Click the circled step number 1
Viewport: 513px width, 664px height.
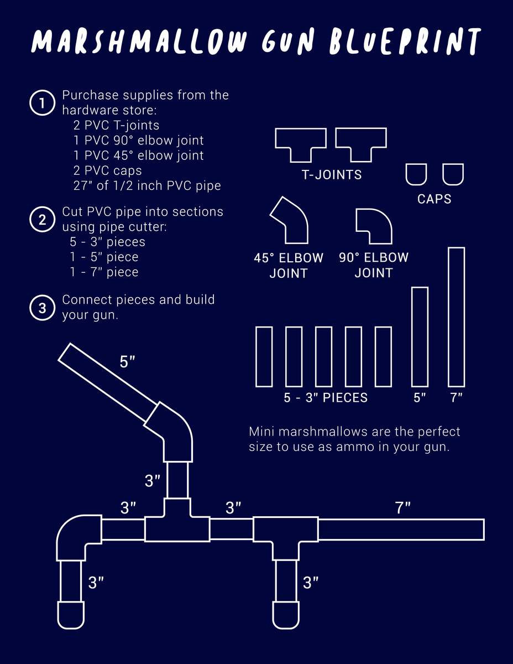point(41,103)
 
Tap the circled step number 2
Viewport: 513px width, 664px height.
point(42,220)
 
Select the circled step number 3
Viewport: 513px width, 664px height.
point(42,307)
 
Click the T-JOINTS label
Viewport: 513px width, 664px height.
point(332,175)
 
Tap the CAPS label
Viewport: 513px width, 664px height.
point(435,199)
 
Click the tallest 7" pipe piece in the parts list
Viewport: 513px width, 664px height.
point(456,317)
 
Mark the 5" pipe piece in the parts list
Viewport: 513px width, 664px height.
point(420,336)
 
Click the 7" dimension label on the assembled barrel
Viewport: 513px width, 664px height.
point(403,508)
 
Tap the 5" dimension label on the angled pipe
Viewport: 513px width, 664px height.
point(128,362)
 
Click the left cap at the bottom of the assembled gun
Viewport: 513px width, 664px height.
point(71,615)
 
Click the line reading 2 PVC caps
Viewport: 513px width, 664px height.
point(107,170)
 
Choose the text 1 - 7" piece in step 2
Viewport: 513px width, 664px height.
point(104,272)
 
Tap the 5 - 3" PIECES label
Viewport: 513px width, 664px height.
point(326,397)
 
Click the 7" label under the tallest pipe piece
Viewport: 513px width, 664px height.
point(456,397)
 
